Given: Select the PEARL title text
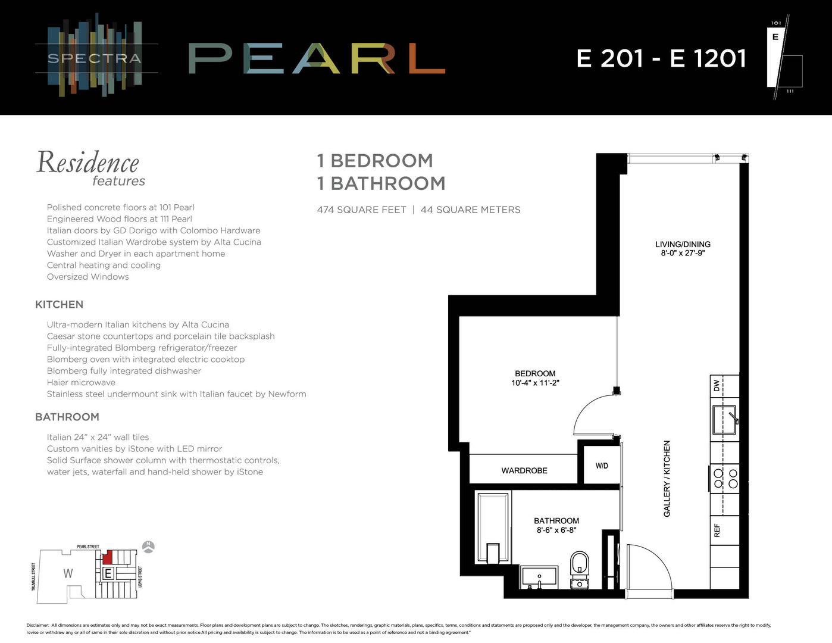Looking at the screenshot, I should pyautogui.click(x=317, y=58).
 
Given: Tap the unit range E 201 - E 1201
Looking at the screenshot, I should pyautogui.click(x=661, y=58).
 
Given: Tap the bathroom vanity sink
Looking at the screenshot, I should pyautogui.click(x=539, y=576).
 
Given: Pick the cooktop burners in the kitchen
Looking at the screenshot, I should pyautogui.click(x=725, y=478).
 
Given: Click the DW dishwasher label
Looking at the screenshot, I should pyautogui.click(x=717, y=385).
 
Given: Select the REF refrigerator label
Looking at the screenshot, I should pyautogui.click(x=717, y=530).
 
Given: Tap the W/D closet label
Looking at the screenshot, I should pyautogui.click(x=602, y=466).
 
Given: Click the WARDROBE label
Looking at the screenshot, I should pyautogui.click(x=524, y=470).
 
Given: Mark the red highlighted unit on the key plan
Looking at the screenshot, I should pyautogui.click(x=108, y=558).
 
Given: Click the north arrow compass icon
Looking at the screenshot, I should pyautogui.click(x=149, y=547).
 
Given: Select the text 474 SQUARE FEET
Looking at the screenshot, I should pyautogui.click(x=361, y=210).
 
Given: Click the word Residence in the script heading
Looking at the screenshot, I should pyautogui.click(x=87, y=163).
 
